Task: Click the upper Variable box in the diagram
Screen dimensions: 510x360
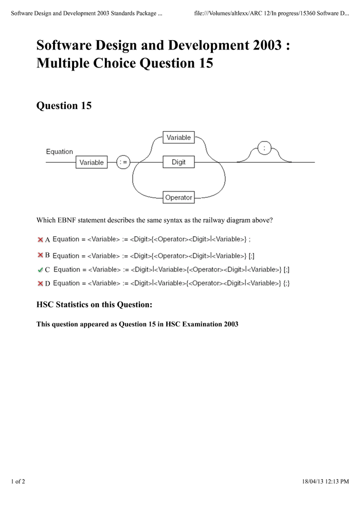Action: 178,137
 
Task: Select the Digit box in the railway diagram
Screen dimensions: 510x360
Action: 178,162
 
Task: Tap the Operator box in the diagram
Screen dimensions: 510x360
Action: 178,197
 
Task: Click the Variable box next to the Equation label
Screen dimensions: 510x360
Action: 92,162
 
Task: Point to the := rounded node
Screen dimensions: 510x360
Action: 123,162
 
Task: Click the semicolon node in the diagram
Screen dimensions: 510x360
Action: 264,148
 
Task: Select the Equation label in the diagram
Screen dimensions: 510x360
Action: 60,152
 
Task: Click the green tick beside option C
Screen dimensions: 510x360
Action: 40,269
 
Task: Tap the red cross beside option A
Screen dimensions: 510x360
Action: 40,239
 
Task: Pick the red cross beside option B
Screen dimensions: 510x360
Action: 40,255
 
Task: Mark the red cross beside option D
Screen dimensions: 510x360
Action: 40,283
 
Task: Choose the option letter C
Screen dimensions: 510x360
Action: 47,270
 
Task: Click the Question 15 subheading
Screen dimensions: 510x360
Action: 64,105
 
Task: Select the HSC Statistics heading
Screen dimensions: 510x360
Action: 94,305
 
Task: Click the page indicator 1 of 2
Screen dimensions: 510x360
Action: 18,482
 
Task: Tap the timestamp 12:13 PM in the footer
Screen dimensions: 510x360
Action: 337,482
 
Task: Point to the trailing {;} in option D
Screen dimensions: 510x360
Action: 286,283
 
